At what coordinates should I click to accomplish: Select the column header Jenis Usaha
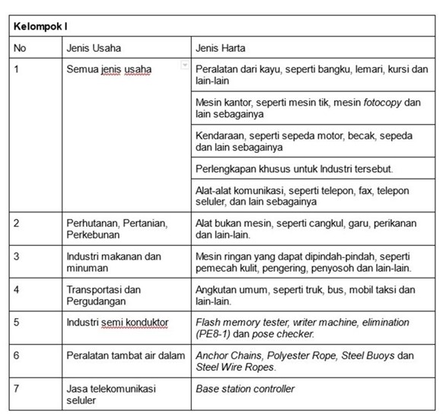click(94, 48)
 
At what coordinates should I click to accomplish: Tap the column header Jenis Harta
click(221, 48)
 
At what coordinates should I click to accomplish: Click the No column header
click(21, 48)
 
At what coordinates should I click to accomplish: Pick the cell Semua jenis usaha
click(109, 70)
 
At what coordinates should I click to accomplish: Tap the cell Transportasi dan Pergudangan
click(104, 295)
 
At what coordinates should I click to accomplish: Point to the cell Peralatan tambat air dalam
click(123, 355)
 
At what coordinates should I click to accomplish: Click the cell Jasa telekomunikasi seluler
click(111, 394)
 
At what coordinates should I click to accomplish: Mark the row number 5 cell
click(18, 323)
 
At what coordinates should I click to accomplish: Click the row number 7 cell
click(18, 389)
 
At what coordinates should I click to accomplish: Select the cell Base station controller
click(245, 389)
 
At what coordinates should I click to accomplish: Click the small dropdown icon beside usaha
click(183, 66)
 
